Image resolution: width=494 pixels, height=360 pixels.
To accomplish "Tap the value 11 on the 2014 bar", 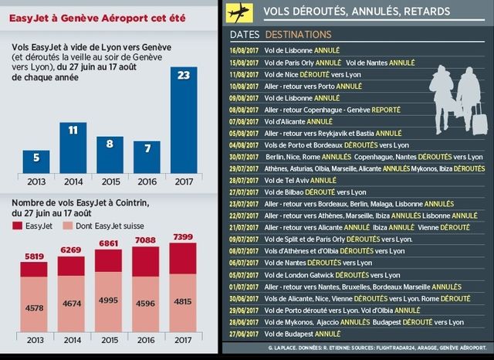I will tap(74, 129).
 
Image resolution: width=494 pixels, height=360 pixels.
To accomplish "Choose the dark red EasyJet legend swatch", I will tap(19, 225).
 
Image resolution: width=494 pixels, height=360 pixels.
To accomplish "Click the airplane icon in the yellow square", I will tap(240, 11).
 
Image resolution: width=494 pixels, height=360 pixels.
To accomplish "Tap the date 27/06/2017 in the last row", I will tap(245, 334).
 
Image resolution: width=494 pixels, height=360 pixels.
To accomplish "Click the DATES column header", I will tap(245, 35).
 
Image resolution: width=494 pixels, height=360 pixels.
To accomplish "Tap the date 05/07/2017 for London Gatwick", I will tap(245, 274).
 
